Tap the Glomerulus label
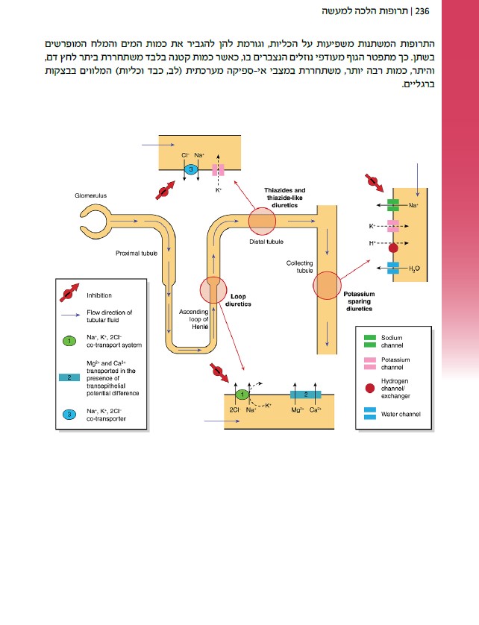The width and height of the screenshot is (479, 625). tap(91, 195)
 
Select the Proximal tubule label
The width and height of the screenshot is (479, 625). tap(137, 254)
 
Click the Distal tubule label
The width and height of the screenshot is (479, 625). tap(266, 241)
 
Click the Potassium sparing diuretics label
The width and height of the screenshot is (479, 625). tap(358, 301)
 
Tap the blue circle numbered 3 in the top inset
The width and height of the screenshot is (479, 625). tap(191, 170)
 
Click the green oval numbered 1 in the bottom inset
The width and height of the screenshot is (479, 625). tap(242, 393)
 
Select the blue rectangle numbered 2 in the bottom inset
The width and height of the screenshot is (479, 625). tap(305, 393)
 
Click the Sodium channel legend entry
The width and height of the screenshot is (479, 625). tap(392, 341)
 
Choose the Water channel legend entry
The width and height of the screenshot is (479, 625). tap(400, 414)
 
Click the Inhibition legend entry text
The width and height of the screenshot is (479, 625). tap(100, 295)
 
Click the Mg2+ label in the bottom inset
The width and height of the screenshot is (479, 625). tap(296, 409)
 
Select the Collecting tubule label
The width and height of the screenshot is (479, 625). tap(299, 267)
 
